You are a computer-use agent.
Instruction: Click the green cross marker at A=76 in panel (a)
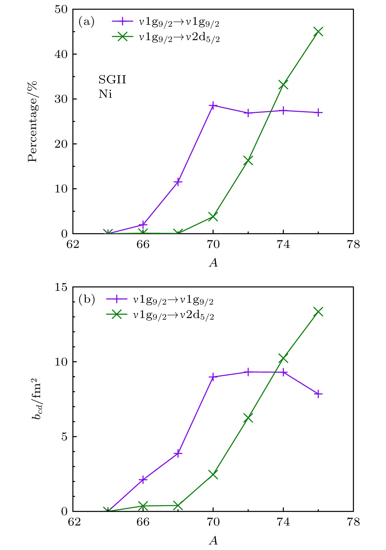(x=318, y=32)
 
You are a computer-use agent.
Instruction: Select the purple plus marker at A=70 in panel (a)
(x=213, y=105)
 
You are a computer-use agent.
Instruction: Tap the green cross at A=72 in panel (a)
(x=248, y=160)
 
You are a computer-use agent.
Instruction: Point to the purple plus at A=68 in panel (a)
(x=178, y=182)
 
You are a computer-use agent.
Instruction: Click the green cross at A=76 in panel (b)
(x=318, y=312)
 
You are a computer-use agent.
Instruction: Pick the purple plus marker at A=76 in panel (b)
(x=318, y=394)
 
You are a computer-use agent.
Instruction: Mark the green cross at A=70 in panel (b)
(x=213, y=474)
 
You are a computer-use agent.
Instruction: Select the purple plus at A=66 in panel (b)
(x=143, y=480)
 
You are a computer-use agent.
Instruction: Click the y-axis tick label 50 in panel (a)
(x=61, y=9)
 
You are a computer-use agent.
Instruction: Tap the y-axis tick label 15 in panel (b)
(x=61, y=287)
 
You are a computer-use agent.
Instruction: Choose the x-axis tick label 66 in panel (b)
(x=143, y=522)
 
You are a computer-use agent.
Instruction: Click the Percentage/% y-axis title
(x=32, y=121)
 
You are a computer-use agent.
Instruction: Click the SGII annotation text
(x=112, y=80)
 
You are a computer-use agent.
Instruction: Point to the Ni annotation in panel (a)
(x=105, y=94)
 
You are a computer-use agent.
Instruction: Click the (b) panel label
(x=87, y=299)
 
